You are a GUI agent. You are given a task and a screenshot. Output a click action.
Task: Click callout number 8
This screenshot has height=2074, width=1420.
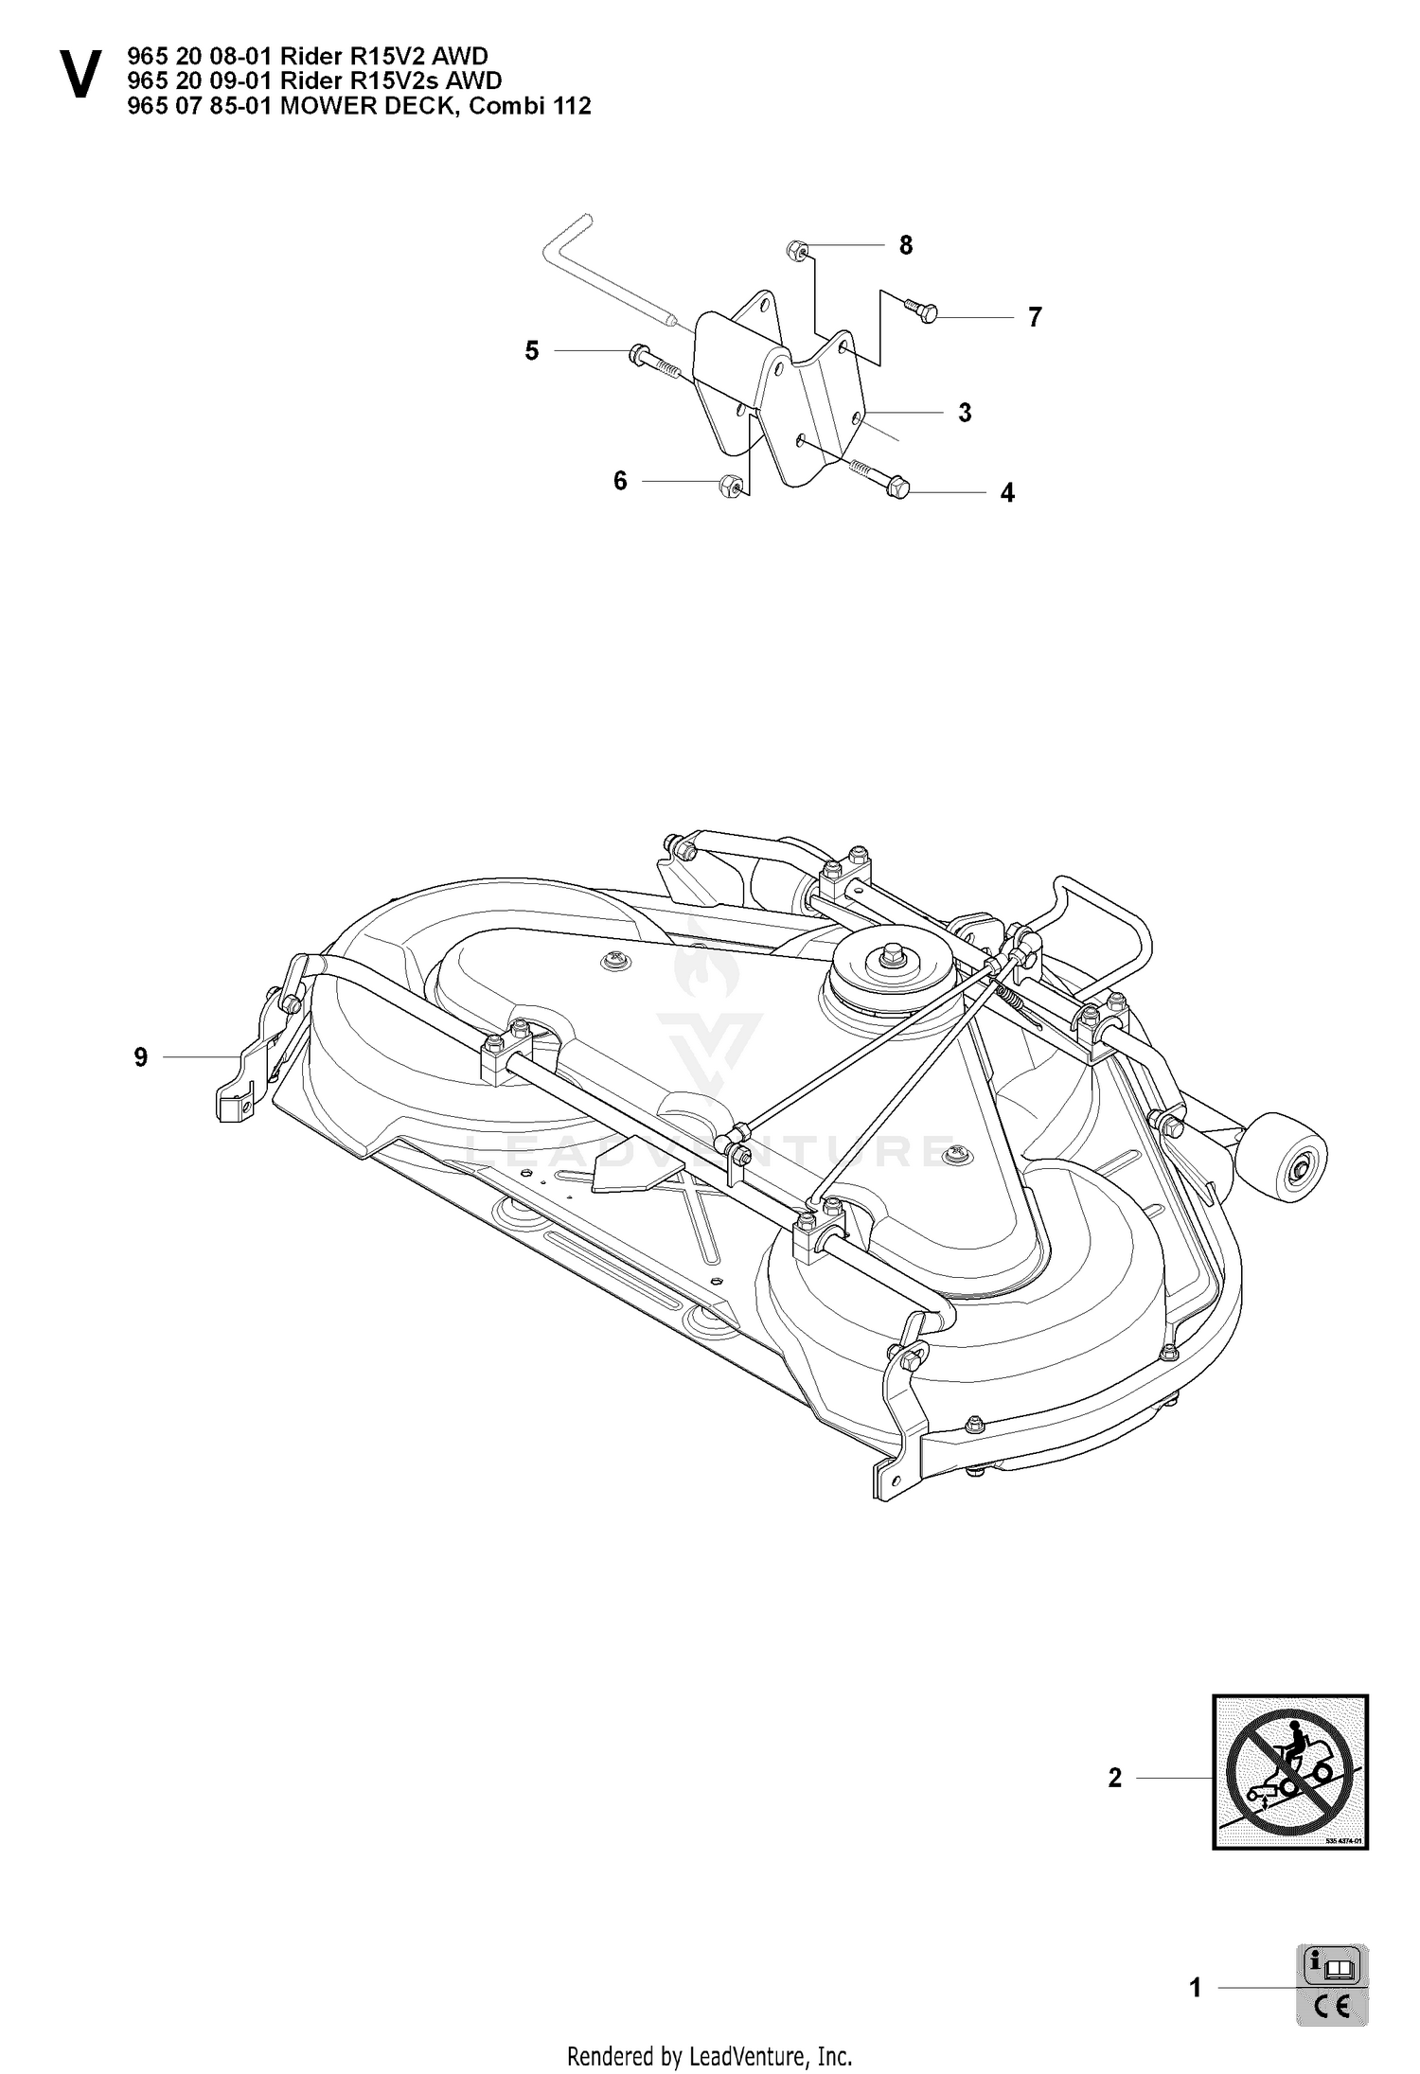click(906, 245)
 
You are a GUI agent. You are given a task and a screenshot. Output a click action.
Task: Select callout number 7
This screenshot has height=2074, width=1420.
click(1035, 317)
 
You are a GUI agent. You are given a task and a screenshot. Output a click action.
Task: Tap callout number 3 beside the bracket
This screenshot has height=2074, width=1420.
click(965, 413)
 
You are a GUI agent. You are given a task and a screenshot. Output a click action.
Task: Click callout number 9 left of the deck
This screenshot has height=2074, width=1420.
click(141, 1056)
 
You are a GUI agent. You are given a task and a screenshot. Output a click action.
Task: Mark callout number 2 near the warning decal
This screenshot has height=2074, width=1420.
click(1114, 1778)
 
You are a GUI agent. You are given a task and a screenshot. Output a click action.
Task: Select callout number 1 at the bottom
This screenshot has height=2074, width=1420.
click(1195, 1988)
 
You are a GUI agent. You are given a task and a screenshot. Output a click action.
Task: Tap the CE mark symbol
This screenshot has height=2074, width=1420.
click(1334, 2007)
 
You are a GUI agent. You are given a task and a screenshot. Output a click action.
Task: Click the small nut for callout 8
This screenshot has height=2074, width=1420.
click(797, 251)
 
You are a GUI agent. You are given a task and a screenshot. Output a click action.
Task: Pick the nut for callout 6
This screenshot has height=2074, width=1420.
click(730, 486)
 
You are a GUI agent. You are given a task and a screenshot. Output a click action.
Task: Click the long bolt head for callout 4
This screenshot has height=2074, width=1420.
click(899, 489)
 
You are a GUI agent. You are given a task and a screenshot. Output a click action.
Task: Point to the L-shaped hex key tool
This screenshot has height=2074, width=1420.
click(606, 273)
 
